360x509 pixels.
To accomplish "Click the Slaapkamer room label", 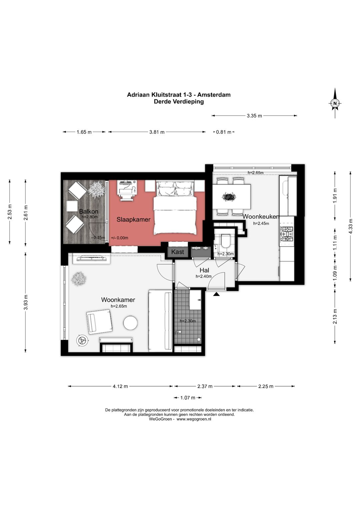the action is coord(134,219).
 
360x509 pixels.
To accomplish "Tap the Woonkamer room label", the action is coord(118,300).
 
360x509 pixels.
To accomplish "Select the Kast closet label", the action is coord(178,252).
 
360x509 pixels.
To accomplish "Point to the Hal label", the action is coord(204,270).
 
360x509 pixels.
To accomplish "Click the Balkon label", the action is coord(89,211).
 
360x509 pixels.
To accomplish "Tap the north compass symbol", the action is coord(335,103).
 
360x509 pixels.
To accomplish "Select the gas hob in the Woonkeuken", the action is coord(287,234).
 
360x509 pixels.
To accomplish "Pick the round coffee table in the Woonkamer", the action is coord(130,323).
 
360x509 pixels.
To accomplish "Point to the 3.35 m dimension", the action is coord(254,116).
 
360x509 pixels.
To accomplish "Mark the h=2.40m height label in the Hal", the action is coord(204,277).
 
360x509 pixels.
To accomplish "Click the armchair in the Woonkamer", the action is coord(99,323).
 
